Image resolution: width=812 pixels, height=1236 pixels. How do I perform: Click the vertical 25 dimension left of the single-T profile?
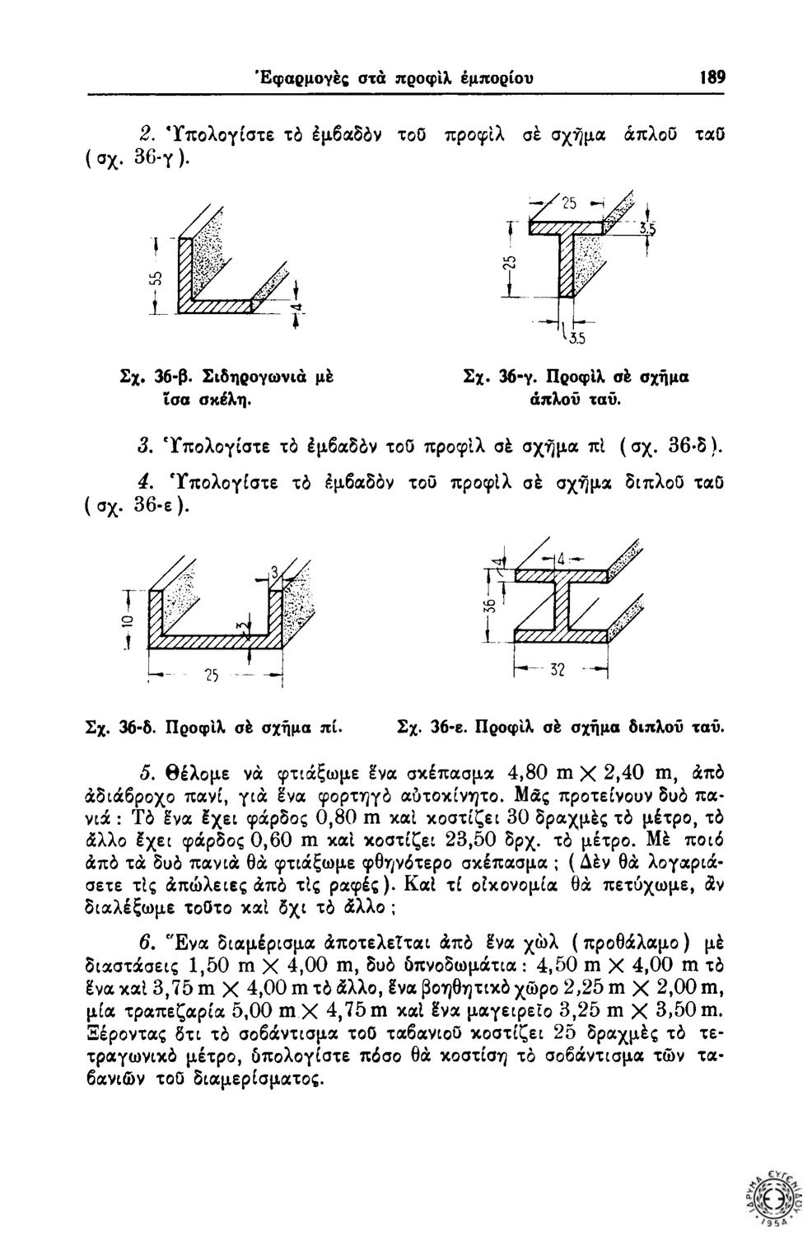(x=509, y=266)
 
